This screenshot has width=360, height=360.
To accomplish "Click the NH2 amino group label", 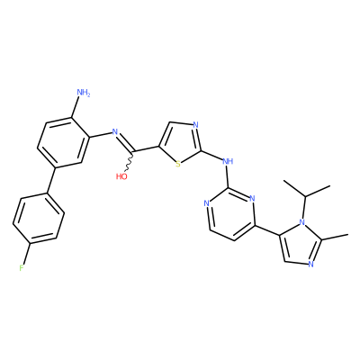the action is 84,93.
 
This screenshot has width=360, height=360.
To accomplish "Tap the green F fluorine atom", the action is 22,268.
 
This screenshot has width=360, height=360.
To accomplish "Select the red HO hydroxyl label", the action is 121,176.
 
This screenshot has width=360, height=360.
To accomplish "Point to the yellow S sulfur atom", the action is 178,164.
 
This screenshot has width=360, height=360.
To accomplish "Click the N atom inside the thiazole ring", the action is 195,125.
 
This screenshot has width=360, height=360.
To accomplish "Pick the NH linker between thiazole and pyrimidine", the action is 228,161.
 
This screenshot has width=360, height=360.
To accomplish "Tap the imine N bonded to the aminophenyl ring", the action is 114,131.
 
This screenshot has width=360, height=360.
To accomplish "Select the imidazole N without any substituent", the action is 310,265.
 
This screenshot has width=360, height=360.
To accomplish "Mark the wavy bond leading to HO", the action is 129,161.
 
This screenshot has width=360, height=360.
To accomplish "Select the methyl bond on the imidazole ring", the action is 335,236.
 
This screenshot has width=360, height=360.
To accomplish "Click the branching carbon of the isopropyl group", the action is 306,197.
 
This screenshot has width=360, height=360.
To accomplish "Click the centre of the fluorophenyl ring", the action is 39,219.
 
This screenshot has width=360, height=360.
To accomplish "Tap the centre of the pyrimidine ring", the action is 230,214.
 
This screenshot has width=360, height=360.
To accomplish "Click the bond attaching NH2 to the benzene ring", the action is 76,107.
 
